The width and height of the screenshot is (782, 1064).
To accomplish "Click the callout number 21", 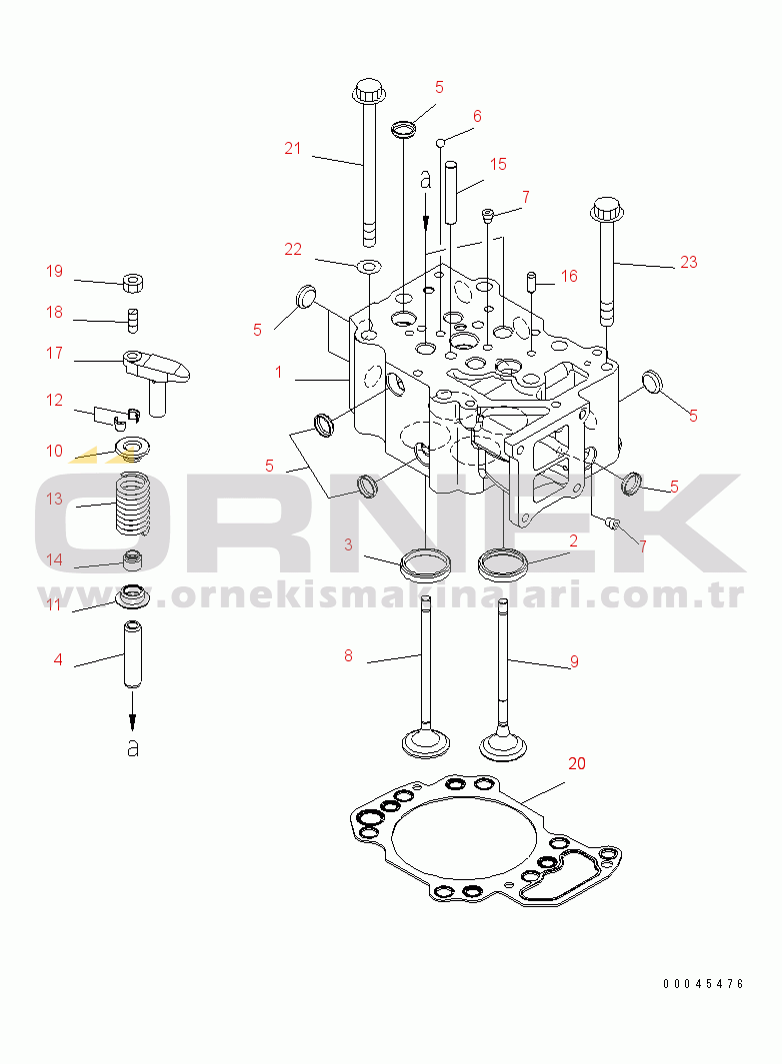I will pyautogui.click(x=292, y=149).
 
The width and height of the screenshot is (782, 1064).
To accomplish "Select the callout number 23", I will pyautogui.click(x=688, y=263).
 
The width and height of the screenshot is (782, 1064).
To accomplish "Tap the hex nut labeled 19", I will pyautogui.click(x=132, y=283).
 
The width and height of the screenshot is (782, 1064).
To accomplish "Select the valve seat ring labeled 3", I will pyautogui.click(x=424, y=565).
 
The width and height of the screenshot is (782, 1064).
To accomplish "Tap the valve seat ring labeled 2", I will pyautogui.click(x=503, y=563).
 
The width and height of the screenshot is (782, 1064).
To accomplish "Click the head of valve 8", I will pyautogui.click(x=425, y=744).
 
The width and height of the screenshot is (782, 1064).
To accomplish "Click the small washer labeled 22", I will pyautogui.click(x=368, y=267).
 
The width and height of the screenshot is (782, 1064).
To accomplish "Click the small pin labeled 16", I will pyautogui.click(x=534, y=279).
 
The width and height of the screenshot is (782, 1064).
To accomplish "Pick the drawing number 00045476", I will pyautogui.click(x=703, y=984).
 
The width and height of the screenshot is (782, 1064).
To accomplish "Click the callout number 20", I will pyautogui.click(x=576, y=763).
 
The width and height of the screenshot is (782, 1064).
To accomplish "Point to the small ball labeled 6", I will pyautogui.click(x=440, y=143).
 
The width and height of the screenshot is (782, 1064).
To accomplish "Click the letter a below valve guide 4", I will pyautogui.click(x=133, y=747).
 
